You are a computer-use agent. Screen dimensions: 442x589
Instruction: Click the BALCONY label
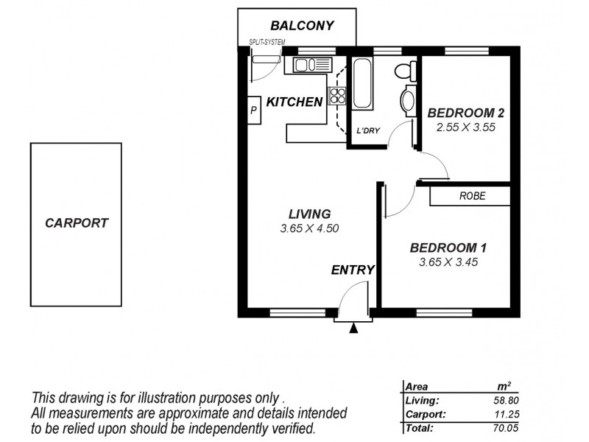pyautogui.click(x=303, y=26)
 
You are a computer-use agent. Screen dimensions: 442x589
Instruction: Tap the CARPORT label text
pyautogui.click(x=77, y=222)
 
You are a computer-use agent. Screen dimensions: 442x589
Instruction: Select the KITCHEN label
pyautogui.click(x=294, y=102)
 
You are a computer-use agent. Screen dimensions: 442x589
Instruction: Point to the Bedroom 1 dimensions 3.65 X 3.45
pyautogui.click(x=448, y=262)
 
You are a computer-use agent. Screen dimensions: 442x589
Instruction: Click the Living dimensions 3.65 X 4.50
pyautogui.click(x=309, y=228)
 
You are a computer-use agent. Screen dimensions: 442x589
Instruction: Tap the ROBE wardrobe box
pyautogui.click(x=470, y=196)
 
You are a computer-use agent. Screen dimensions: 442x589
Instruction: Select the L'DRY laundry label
pyautogui.click(x=367, y=132)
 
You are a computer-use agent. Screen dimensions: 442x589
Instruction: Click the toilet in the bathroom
pyautogui.click(x=403, y=71)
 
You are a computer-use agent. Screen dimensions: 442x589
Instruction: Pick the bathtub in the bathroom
pyautogui.click(x=363, y=84)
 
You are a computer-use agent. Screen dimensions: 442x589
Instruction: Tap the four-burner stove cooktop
pyautogui.click(x=337, y=94)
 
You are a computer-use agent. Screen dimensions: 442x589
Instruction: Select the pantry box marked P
pyautogui.click(x=253, y=111)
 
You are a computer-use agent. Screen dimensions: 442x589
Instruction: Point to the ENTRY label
pyautogui.click(x=353, y=270)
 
